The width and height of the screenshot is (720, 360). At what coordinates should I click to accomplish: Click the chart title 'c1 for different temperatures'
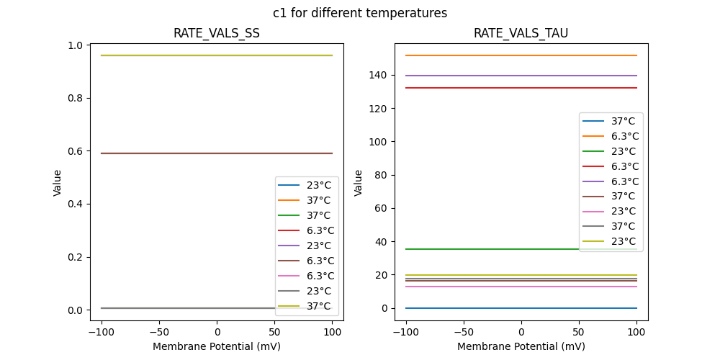[x=360, y=13]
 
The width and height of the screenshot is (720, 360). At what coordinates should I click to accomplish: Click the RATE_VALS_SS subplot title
[x=217, y=33]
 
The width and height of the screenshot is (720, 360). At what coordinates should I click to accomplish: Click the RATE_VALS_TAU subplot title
[x=521, y=33]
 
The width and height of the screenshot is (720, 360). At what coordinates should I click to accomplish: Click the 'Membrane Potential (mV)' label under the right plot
[x=521, y=346]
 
